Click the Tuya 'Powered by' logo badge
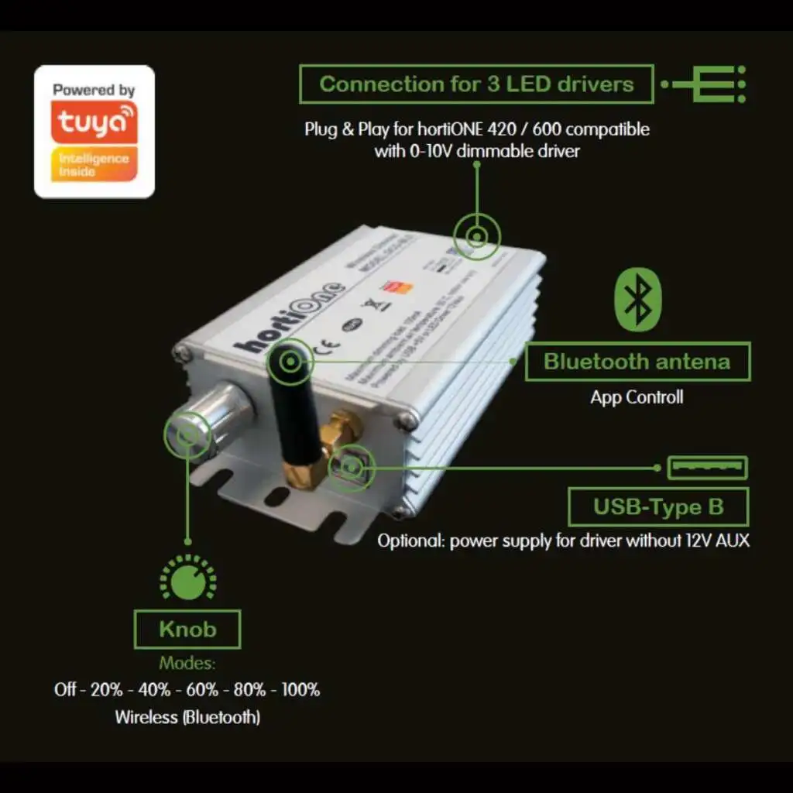point(94,132)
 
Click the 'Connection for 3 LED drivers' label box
point(476,84)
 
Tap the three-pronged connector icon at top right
point(709,84)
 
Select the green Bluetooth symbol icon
point(637,300)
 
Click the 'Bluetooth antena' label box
point(637,362)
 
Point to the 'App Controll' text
point(637,397)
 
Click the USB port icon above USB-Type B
point(707,468)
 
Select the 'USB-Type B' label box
point(658,507)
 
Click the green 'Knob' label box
point(187,629)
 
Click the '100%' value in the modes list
point(300,689)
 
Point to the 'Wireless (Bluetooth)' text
point(187,717)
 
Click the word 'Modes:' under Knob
point(187,664)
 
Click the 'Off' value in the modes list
point(65,689)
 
